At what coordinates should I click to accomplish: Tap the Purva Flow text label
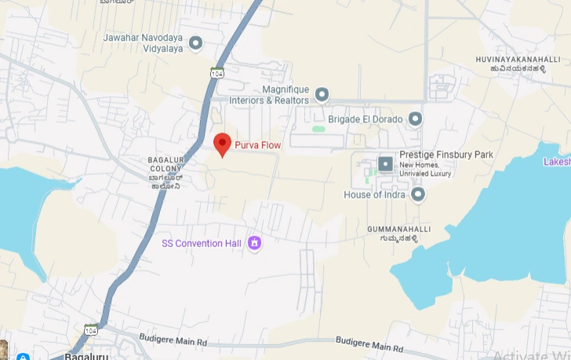tap(258, 145)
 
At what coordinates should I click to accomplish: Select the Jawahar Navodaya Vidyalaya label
tap(143, 42)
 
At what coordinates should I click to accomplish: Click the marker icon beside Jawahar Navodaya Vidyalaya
tap(196, 42)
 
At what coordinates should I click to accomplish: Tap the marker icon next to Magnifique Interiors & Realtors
tap(321, 95)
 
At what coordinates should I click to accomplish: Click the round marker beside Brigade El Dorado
tap(416, 119)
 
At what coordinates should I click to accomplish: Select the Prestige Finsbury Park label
tap(446, 155)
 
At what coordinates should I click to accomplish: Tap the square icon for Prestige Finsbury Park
tap(385, 164)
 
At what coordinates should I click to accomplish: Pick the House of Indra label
tap(374, 194)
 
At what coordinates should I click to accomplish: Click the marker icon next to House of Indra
tap(418, 194)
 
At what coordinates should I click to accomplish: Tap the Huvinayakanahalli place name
tap(511, 60)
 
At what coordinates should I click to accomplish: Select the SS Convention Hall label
tap(202, 243)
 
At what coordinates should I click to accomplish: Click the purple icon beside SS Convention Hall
tap(254, 243)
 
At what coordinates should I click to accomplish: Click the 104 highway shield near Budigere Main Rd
tap(92, 329)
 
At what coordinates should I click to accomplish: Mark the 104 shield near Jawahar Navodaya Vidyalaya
tap(217, 72)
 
